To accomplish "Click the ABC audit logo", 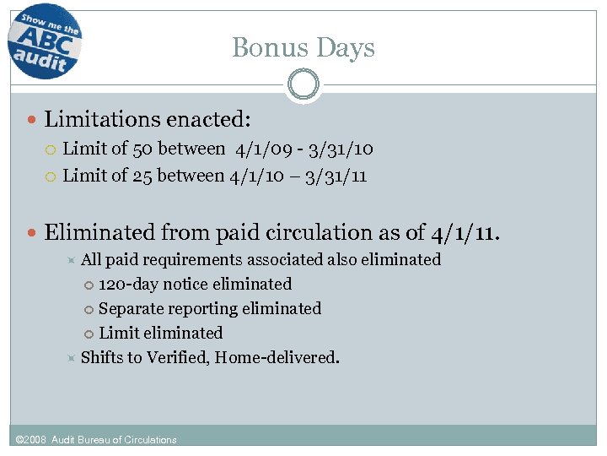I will [x=45, y=41].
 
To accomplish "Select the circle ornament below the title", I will [x=303, y=84].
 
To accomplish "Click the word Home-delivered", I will [x=277, y=357].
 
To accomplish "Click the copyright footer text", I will [x=97, y=439].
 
